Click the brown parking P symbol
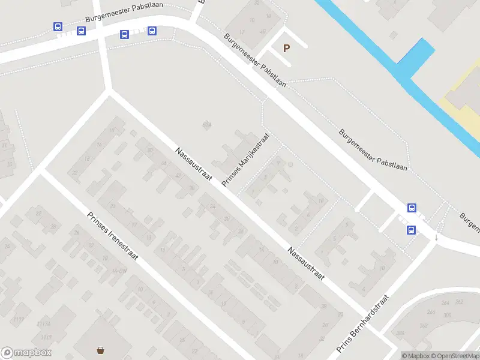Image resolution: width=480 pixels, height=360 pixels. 286,48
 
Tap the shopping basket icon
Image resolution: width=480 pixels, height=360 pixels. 101,350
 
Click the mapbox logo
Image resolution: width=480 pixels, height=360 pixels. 26,353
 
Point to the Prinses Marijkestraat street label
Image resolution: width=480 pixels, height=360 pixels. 246,160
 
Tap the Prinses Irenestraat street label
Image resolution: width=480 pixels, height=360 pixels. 112,236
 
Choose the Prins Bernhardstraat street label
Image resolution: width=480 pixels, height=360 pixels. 363,324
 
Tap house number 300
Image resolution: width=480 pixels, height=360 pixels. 446,315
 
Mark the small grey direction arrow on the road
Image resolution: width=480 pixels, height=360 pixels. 436,236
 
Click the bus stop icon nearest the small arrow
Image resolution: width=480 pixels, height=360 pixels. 412,229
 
